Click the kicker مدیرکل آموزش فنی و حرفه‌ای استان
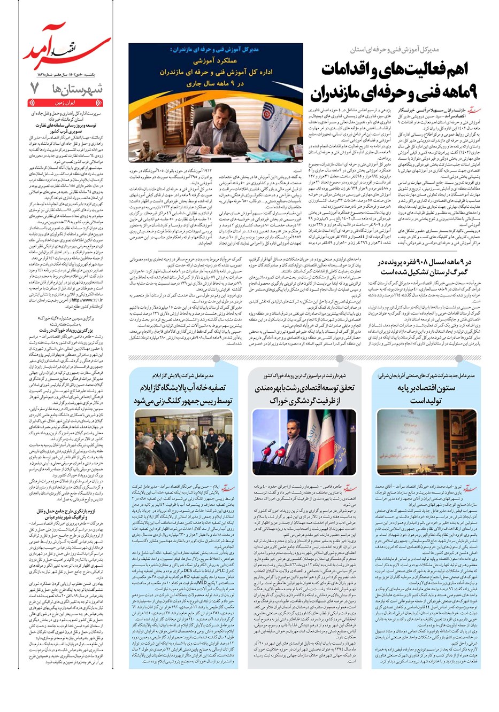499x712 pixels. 395,50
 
